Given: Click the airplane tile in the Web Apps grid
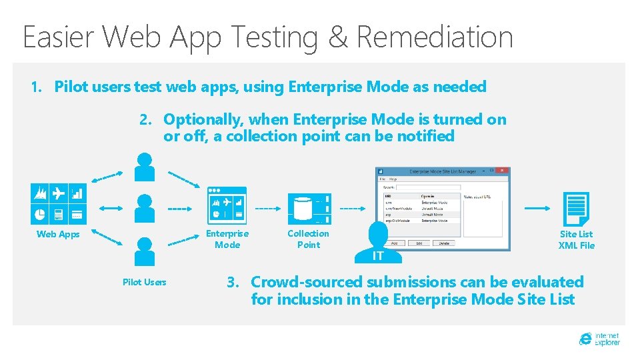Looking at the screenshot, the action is (x=59, y=193).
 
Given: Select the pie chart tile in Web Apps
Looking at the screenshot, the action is (x=39, y=214).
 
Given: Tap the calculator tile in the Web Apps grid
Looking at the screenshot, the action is (x=59, y=214).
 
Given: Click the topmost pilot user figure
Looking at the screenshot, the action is (x=144, y=167).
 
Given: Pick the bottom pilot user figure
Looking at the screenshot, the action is (x=144, y=251).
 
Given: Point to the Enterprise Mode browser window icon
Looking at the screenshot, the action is (x=227, y=205).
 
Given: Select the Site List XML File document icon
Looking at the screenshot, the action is (x=575, y=209).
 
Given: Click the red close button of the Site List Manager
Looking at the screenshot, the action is (x=504, y=171).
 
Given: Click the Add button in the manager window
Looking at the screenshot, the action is (x=395, y=243).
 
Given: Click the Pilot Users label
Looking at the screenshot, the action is (x=144, y=282).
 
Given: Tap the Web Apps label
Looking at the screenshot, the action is (x=58, y=234).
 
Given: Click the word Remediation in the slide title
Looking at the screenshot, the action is (x=435, y=37).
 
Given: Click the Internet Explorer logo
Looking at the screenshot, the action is (x=599, y=339).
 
